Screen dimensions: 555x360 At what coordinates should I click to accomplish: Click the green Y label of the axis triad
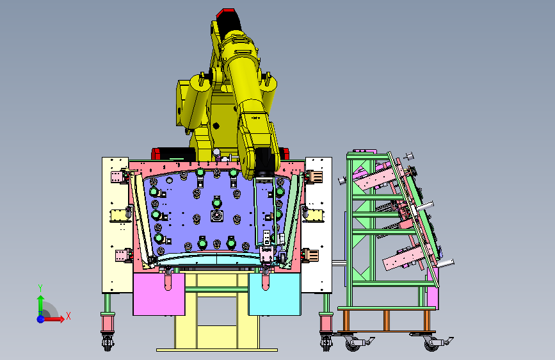coord(40,288)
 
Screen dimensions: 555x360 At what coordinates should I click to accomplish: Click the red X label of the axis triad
coord(68,316)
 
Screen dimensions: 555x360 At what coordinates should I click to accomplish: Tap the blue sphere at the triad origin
coord(41,319)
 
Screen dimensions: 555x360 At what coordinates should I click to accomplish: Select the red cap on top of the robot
coord(225,13)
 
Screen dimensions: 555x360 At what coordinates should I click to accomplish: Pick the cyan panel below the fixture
coord(275,294)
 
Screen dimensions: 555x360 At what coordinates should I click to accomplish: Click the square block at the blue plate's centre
coord(217,215)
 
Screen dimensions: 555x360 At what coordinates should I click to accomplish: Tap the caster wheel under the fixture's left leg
coord(108,342)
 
